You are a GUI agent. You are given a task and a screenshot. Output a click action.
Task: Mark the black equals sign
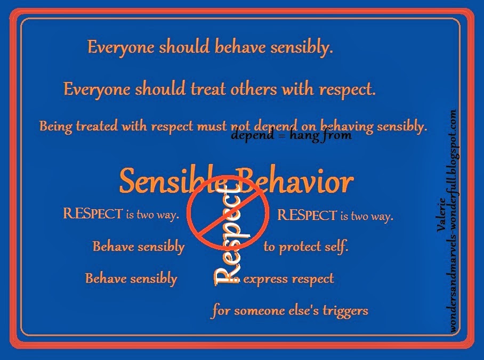tap(279, 136)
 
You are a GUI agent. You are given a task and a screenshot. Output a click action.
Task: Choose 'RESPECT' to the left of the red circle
tap(93, 215)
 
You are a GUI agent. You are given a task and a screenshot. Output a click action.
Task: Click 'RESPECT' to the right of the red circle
tap(308, 215)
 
